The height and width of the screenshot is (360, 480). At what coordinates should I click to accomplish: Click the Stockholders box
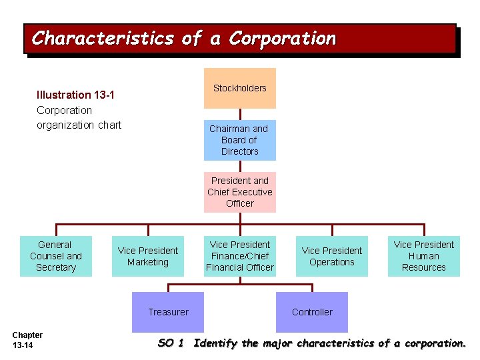[x=239, y=88]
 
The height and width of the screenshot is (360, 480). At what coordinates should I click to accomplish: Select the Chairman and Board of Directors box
[x=239, y=140]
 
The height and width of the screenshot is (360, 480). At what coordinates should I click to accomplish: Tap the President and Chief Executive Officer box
[x=239, y=192]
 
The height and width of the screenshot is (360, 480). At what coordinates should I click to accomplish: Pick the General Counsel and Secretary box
[x=55, y=256]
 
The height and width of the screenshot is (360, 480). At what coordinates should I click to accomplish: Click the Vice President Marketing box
[x=148, y=256]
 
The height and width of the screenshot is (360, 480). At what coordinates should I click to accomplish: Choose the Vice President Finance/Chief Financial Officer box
[x=239, y=256]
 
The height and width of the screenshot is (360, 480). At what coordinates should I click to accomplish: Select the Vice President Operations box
[x=331, y=256]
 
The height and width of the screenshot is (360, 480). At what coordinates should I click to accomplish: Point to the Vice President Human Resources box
[x=423, y=256]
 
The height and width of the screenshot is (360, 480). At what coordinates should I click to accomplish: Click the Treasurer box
[x=168, y=312]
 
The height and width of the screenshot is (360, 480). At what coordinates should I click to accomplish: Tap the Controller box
[x=312, y=312]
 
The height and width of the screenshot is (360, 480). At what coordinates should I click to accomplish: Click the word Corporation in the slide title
[x=282, y=39]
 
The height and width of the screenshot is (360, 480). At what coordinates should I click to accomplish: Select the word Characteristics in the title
[x=102, y=39]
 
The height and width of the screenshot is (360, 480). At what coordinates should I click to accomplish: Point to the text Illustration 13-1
[x=75, y=95]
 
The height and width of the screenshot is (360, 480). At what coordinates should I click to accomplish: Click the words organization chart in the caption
[x=79, y=125]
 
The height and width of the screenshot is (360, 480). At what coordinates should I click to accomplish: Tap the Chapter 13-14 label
[x=27, y=340]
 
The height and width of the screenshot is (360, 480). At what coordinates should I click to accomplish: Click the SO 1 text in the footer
[x=170, y=343]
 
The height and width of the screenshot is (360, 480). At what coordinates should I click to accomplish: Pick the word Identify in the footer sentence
[x=215, y=343]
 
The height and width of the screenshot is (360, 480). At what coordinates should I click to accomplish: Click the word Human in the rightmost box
[x=423, y=256]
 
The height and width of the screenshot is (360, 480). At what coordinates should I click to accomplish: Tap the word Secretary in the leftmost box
[x=55, y=267]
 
